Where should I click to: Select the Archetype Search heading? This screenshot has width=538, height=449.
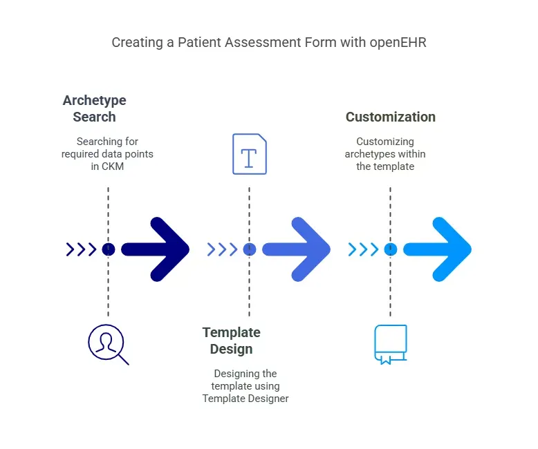(94, 108)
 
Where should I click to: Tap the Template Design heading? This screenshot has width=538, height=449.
(231, 341)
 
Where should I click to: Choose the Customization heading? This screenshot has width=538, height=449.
(390, 117)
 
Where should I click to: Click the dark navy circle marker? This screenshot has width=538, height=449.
(108, 249)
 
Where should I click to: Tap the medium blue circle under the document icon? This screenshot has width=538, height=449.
(250, 249)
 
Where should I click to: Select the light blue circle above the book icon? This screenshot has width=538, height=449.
(391, 249)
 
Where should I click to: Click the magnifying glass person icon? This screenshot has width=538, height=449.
(108, 344)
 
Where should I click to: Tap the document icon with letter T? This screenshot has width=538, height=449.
(249, 154)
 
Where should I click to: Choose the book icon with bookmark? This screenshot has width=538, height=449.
(390, 344)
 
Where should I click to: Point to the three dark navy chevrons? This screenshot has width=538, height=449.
(81, 249)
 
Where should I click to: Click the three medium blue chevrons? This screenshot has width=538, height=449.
(222, 249)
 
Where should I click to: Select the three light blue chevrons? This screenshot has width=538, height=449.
(363, 249)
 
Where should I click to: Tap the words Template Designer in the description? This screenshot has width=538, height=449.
(245, 399)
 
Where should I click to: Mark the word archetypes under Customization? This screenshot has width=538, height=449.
(371, 154)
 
